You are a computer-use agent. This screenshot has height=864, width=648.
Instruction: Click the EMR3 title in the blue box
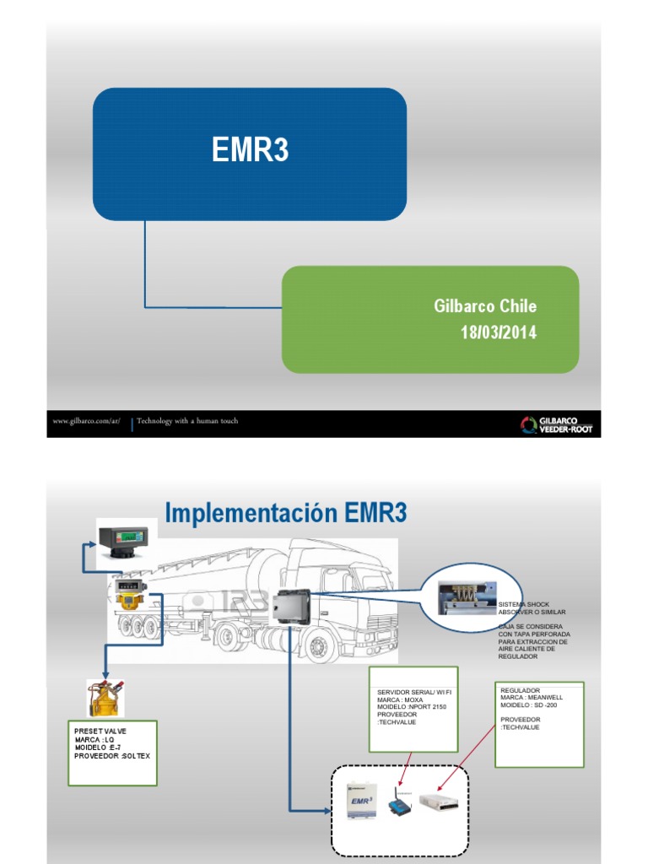(x=250, y=152)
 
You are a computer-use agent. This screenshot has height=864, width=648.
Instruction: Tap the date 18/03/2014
(x=498, y=332)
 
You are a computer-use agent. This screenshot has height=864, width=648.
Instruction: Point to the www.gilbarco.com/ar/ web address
(x=87, y=421)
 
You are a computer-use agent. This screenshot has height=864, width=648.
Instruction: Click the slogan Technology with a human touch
(x=187, y=421)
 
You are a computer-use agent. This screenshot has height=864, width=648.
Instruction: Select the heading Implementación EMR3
(x=285, y=513)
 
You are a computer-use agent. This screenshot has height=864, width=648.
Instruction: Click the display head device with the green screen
(x=123, y=539)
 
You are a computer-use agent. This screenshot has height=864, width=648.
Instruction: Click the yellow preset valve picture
(x=102, y=698)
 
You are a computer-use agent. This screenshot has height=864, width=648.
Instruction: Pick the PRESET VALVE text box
(x=112, y=753)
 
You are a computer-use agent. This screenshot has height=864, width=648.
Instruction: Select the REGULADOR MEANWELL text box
(x=539, y=724)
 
